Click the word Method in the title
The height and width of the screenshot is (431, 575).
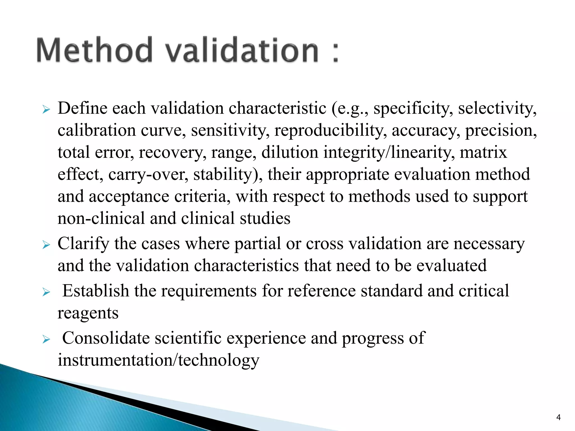click(94, 50)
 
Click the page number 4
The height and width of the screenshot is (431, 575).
click(558, 418)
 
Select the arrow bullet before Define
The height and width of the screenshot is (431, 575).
click(46, 109)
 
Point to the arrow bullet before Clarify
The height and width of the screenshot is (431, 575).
click(46, 245)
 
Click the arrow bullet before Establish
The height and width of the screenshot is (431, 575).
click(46, 292)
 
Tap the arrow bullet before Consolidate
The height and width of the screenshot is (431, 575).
click(46, 340)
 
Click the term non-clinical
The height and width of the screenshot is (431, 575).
click(101, 218)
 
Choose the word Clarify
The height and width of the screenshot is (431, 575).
click(83, 244)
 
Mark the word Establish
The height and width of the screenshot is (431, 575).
click(95, 291)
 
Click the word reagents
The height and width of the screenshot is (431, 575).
click(88, 314)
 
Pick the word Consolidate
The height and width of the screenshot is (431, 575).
click(106, 338)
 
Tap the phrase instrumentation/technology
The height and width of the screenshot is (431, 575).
click(158, 361)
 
